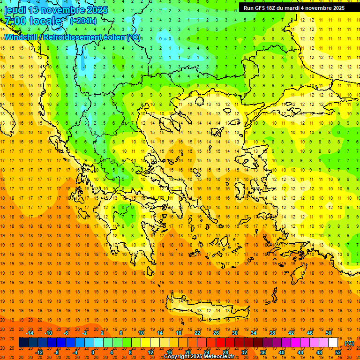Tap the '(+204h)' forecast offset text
click(83, 21)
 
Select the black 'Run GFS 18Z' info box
click(294, 7)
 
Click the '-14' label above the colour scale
click(30, 333)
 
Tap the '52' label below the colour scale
click(338, 352)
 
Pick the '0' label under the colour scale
click(92, 352)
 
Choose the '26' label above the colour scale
click(216, 333)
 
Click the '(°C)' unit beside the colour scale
click(349, 343)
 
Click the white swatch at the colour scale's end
click(333, 343)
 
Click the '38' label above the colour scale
click(272, 333)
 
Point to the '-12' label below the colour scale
click(39, 352)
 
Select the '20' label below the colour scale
click(188, 352)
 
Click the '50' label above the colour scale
click(328, 333)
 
